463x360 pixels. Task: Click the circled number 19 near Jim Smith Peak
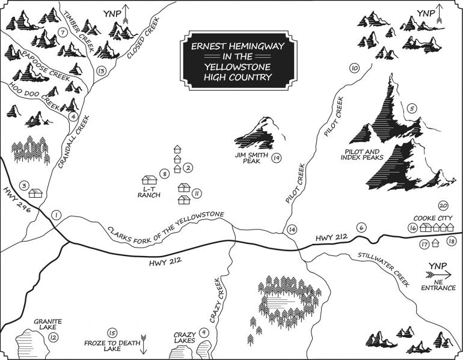tap(277, 158)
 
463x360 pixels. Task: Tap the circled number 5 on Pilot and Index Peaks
tap(412, 109)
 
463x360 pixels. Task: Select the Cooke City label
tap(433, 218)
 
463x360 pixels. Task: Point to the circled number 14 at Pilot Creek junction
tap(292, 230)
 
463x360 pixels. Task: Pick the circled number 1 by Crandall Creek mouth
tap(57, 215)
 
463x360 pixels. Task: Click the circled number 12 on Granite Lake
tap(54, 338)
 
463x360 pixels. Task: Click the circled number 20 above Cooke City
tap(443, 205)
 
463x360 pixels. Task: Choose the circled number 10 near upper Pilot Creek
tap(354, 69)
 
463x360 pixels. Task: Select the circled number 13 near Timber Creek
tap(101, 72)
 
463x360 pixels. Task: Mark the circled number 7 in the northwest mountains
tap(62, 32)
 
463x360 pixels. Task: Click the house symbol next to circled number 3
tap(36, 194)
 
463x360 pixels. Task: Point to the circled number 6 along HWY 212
tap(361, 228)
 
